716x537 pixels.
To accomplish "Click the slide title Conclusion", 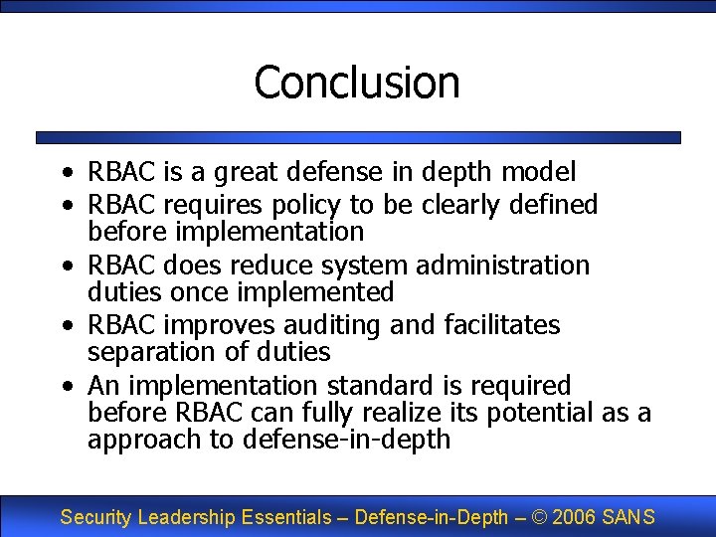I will coord(357,82).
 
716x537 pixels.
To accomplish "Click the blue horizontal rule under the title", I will coord(358,138).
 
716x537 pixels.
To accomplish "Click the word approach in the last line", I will coord(143,440).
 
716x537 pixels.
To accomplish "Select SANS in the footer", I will coord(627,517).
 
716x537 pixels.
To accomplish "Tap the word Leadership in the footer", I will coord(184,517).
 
